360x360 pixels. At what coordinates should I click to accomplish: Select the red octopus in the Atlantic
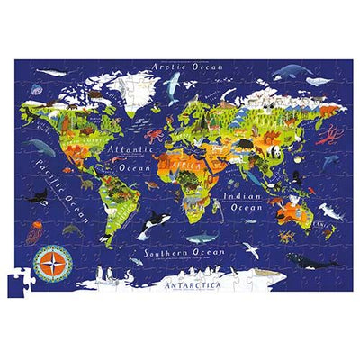coord(152,139)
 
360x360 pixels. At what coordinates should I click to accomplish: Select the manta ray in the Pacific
coord(37,145)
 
